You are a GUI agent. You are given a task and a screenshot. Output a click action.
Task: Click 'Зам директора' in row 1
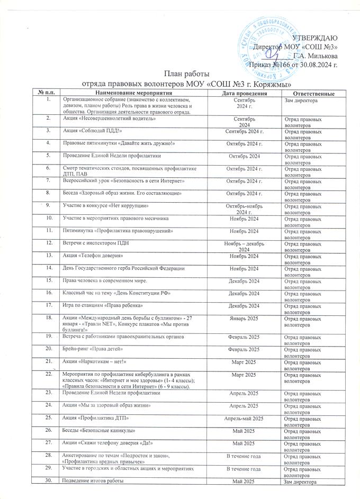click(301, 101)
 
